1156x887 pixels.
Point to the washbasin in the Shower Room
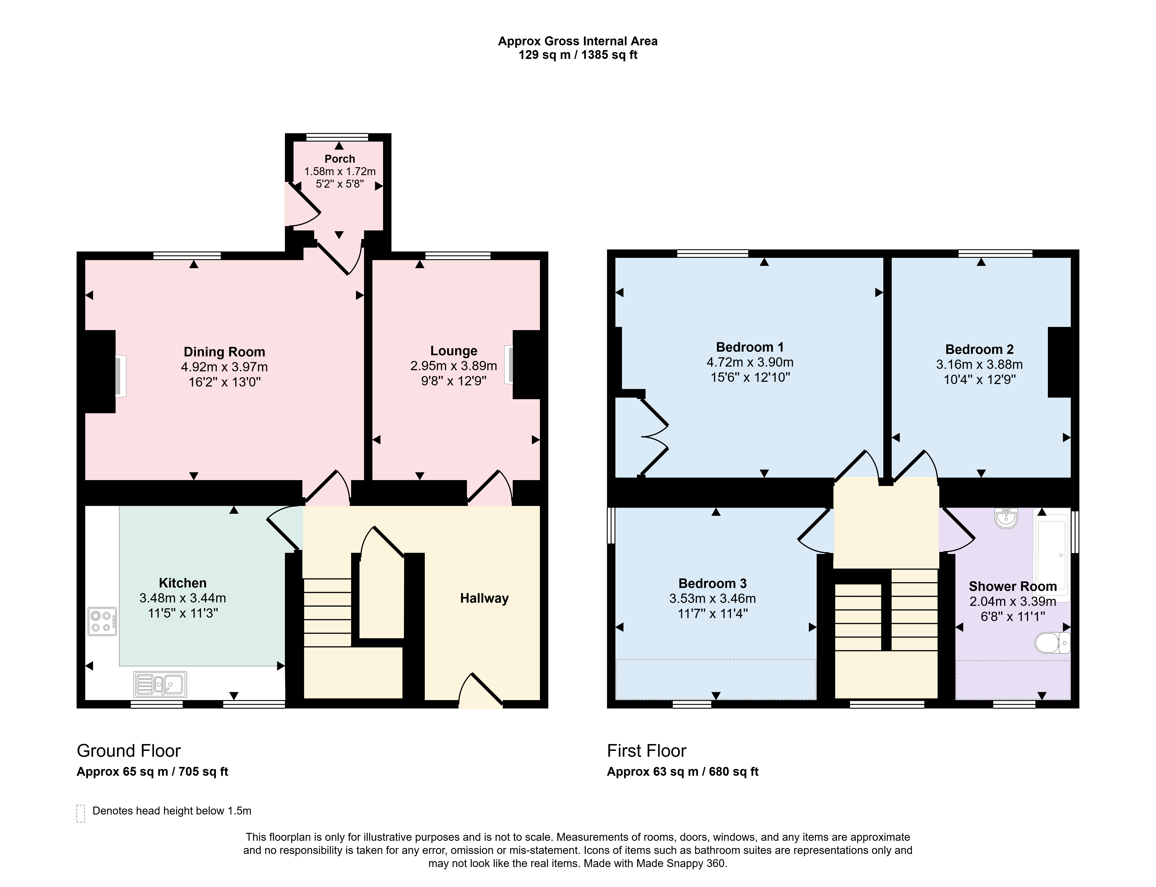tap(1007, 518)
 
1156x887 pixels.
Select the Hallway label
tap(484, 598)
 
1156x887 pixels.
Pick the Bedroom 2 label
tap(980, 350)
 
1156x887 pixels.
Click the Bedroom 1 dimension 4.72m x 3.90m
tap(750, 362)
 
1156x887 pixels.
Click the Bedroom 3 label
tap(712, 583)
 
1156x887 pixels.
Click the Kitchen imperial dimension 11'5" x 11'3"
tap(183, 613)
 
